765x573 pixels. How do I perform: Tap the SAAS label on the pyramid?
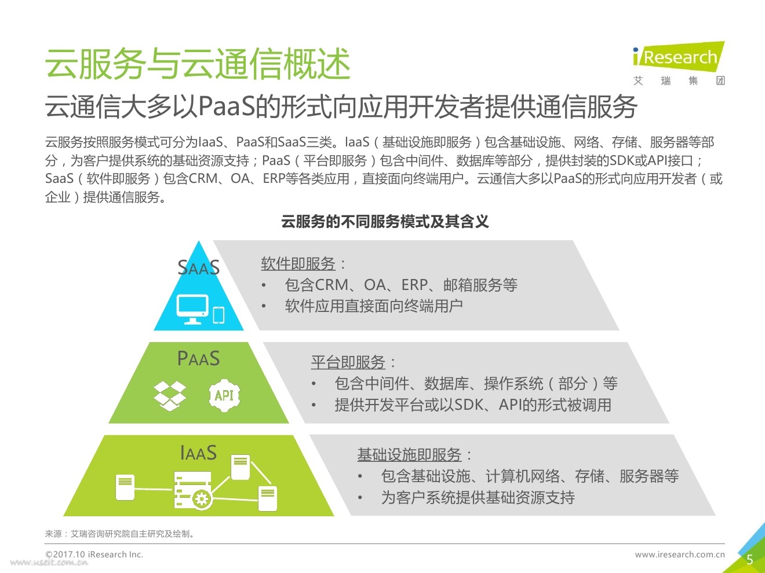click(199, 267)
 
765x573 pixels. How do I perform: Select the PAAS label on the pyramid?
click(199, 359)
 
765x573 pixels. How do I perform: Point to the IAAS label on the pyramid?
click(199, 453)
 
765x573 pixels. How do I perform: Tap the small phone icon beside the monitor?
click(218, 314)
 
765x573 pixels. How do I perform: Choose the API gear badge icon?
click(224, 395)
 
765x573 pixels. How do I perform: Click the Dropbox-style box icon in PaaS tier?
click(170, 395)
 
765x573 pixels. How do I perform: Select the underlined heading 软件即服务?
click(298, 264)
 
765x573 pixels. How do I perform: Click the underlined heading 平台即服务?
click(348, 362)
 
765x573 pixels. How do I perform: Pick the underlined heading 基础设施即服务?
click(409, 455)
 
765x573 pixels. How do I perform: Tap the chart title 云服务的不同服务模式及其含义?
click(385, 222)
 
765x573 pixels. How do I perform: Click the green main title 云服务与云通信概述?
click(198, 63)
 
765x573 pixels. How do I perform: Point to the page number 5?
click(749, 560)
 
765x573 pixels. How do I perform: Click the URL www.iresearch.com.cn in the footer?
click(680, 554)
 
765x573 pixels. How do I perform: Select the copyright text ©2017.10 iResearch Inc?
click(94, 554)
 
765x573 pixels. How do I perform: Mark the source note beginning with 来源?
click(121, 534)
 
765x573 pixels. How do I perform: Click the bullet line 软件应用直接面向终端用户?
click(373, 306)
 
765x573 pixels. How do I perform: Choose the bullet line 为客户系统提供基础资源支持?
click(478, 498)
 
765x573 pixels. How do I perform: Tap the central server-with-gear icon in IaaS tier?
click(194, 490)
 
